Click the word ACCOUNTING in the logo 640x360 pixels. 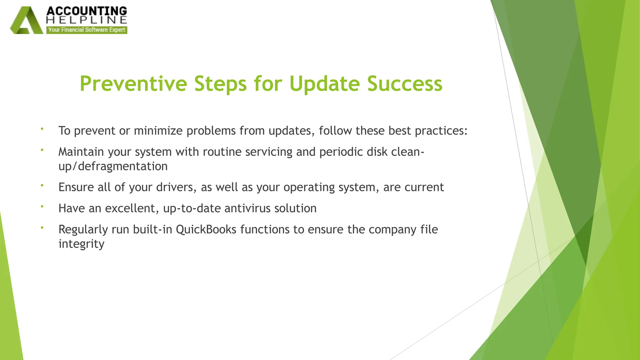[87, 11]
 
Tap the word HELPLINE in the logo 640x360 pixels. [87, 20]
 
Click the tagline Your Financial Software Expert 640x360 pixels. [87, 30]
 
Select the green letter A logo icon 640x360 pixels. [27, 21]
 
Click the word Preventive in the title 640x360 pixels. [133, 84]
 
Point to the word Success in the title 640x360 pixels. [405, 84]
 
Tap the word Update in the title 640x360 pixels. [324, 84]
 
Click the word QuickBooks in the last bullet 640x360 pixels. [206, 230]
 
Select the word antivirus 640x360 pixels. [247, 208]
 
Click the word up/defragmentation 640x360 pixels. [113, 166]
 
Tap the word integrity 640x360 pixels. [81, 244]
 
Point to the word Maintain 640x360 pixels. [81, 152]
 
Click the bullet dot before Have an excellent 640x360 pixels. [42, 206]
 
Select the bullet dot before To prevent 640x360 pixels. [42, 129]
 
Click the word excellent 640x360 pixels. [132, 208]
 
